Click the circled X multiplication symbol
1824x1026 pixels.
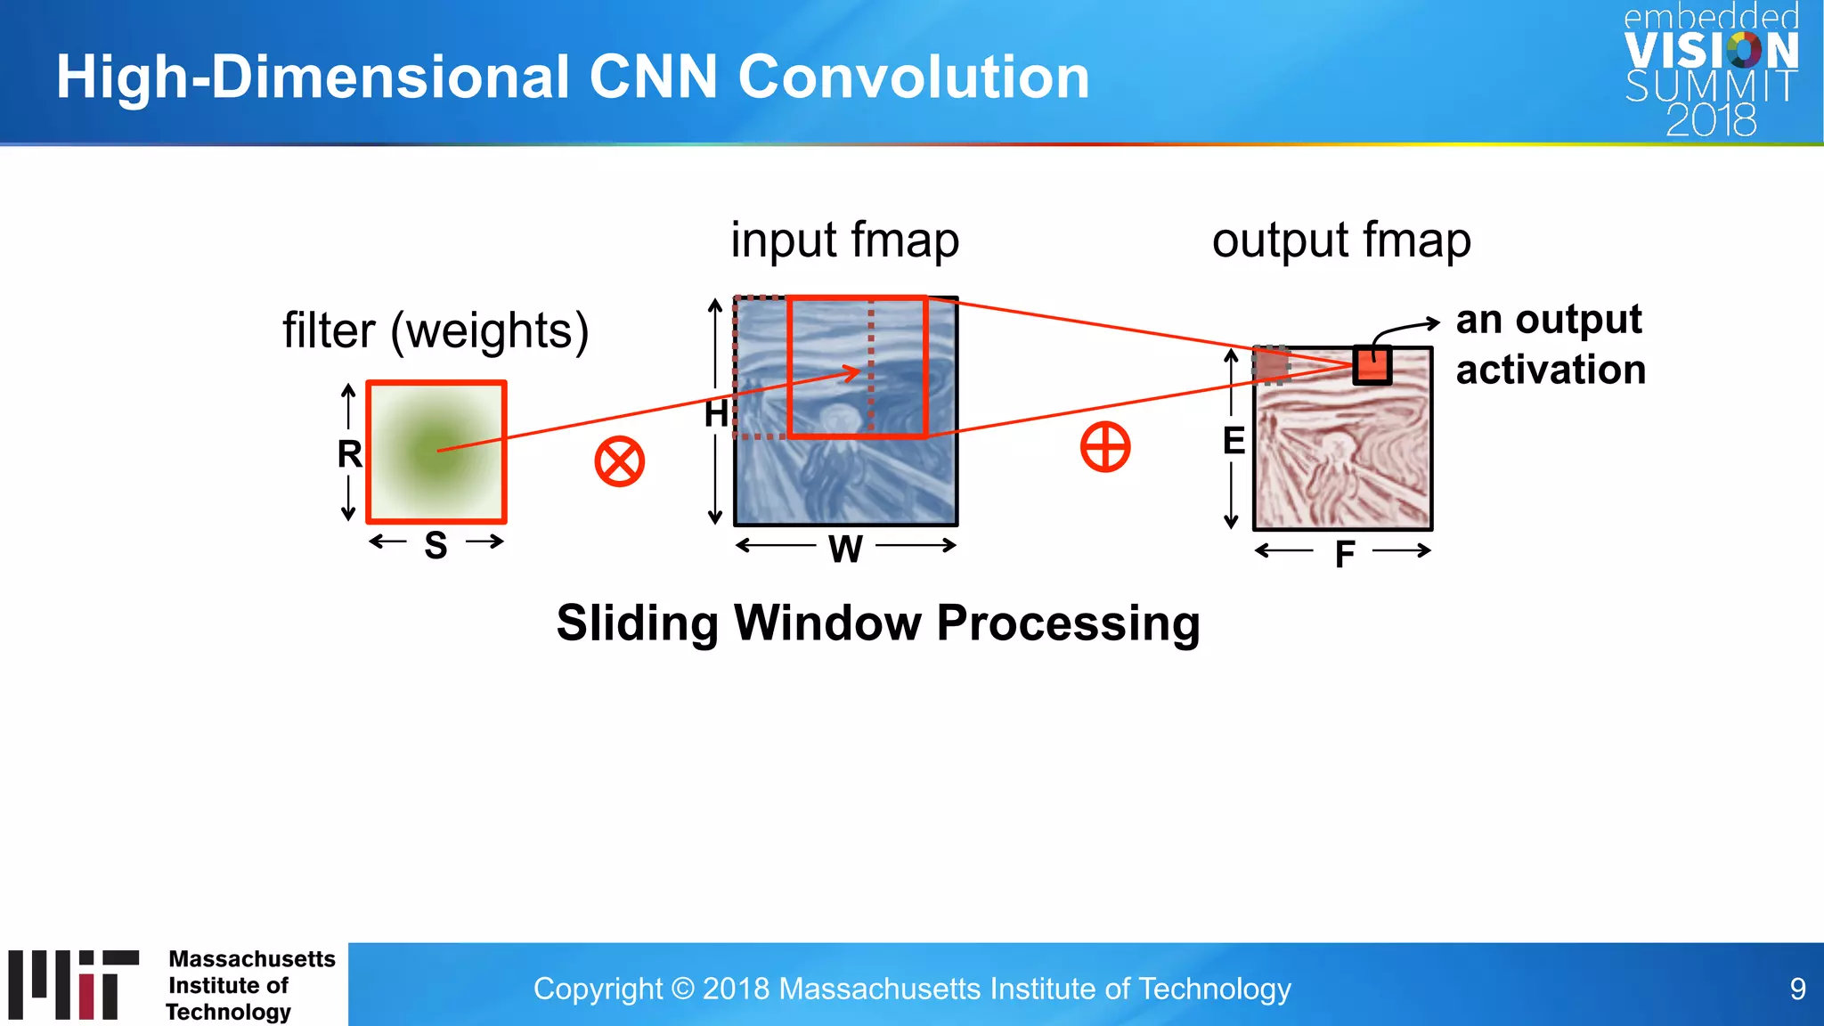click(x=619, y=461)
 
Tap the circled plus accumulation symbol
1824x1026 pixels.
click(x=1105, y=447)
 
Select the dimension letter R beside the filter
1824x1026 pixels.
click(x=349, y=454)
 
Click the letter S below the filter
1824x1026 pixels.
click(x=436, y=545)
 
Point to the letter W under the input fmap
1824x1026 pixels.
click(x=845, y=549)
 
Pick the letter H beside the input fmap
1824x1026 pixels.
click(x=716, y=414)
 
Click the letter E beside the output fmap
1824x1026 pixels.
click(x=1234, y=441)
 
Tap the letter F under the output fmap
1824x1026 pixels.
click(x=1345, y=555)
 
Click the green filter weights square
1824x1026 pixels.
click(x=436, y=452)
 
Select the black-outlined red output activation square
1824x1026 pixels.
click(x=1372, y=365)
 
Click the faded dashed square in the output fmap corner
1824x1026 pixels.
click(x=1272, y=364)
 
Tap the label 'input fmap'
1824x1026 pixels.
click(x=844, y=240)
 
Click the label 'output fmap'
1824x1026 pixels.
click(x=1341, y=240)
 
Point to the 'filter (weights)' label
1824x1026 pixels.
click(x=436, y=330)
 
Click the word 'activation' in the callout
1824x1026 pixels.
click(x=1551, y=370)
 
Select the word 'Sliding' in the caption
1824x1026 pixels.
click(x=637, y=623)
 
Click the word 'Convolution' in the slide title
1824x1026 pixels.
click(x=914, y=77)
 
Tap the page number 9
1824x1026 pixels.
click(x=1797, y=989)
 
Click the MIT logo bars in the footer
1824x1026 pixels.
click(x=74, y=984)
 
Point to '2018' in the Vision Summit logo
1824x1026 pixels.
click(x=1711, y=120)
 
